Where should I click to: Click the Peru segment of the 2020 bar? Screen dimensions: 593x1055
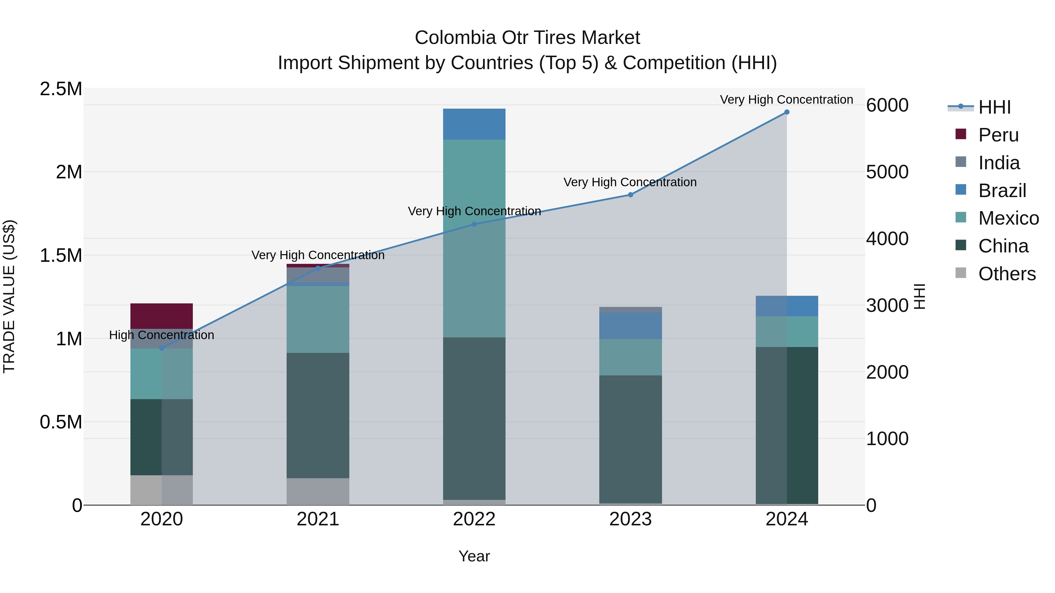pyautogui.click(x=161, y=316)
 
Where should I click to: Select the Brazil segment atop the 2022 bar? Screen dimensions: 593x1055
pyautogui.click(x=474, y=124)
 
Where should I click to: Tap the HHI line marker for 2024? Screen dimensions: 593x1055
pyautogui.click(x=787, y=112)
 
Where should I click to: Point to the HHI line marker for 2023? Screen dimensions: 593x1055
pyautogui.click(x=631, y=195)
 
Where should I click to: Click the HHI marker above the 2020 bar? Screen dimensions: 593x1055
pyautogui.click(x=161, y=348)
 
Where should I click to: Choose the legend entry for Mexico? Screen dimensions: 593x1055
pyautogui.click(x=1008, y=218)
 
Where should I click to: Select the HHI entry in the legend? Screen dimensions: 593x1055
pyautogui.click(x=994, y=107)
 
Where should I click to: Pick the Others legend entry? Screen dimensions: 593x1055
pyautogui.click(x=1007, y=274)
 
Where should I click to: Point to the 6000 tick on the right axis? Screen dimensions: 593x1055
pyautogui.click(x=887, y=105)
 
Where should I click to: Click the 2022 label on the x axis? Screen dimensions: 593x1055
pyautogui.click(x=474, y=519)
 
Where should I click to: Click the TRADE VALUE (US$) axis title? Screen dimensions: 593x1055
pyautogui.click(x=9, y=296)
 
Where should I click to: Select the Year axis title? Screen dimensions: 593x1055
pyautogui.click(x=474, y=556)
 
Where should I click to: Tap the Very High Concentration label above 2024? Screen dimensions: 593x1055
pyautogui.click(x=786, y=100)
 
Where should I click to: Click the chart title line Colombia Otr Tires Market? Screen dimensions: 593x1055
pyautogui.click(x=527, y=38)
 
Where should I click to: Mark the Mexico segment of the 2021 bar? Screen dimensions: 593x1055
pyautogui.click(x=318, y=319)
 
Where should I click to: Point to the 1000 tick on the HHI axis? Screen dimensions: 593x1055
pyautogui.click(x=887, y=439)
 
